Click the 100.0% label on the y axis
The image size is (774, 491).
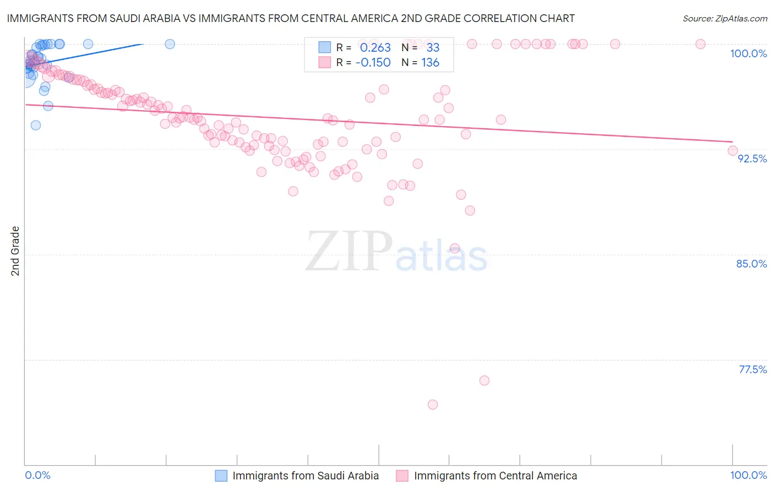click(748, 53)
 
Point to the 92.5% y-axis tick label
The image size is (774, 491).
click(752, 159)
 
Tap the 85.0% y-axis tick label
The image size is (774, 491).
click(751, 264)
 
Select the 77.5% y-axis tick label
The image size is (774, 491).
click(753, 369)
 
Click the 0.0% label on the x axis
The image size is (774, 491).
click(37, 475)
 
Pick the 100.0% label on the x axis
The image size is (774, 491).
click(748, 475)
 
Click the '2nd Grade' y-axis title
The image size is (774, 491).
click(15, 251)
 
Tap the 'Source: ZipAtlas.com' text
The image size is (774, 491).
click(724, 19)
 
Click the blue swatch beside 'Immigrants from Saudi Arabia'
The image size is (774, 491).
click(221, 476)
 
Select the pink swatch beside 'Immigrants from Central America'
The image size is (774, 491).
click(402, 476)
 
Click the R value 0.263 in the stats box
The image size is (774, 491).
click(375, 48)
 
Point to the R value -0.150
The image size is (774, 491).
click(373, 63)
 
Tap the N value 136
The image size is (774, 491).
click(430, 63)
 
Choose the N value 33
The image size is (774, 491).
click(433, 48)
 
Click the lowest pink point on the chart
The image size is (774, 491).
click(433, 405)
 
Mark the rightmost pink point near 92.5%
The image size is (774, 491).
click(732, 150)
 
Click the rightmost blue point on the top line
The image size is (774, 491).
click(170, 44)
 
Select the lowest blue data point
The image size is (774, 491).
click(36, 125)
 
